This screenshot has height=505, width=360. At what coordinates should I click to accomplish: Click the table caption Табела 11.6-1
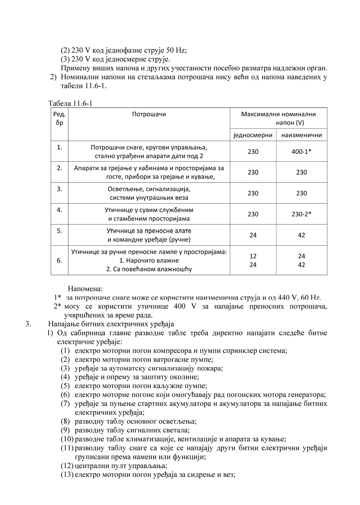(70, 103)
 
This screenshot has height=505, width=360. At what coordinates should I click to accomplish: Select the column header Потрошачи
(149, 114)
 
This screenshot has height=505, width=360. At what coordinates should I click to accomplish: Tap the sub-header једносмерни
(253, 135)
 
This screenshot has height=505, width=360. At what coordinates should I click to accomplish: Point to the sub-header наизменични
(302, 135)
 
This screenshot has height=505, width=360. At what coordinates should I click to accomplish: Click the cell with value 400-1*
(302, 152)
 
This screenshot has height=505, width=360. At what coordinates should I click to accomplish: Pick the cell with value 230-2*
(302, 214)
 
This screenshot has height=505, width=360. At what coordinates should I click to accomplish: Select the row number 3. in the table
(59, 189)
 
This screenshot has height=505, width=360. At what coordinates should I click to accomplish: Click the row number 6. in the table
(59, 260)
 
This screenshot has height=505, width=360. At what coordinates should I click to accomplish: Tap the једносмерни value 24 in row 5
(253, 235)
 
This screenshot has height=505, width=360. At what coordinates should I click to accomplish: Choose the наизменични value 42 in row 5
(302, 235)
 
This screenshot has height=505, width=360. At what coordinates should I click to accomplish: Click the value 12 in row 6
(253, 256)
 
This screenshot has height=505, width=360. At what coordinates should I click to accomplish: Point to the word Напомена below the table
(85, 289)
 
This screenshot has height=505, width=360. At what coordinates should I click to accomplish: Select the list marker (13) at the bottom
(67, 475)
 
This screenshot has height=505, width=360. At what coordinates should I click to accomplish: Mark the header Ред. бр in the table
(59, 118)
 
